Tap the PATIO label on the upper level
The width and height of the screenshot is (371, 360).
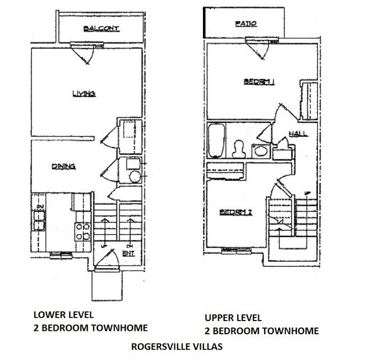(246, 25)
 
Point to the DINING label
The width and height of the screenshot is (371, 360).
(64, 167)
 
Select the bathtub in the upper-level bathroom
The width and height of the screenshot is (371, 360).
(217, 141)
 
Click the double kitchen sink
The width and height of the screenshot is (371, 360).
(38, 219)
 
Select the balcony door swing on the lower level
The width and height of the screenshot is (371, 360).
(85, 54)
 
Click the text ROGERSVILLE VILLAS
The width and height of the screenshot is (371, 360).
(170, 346)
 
